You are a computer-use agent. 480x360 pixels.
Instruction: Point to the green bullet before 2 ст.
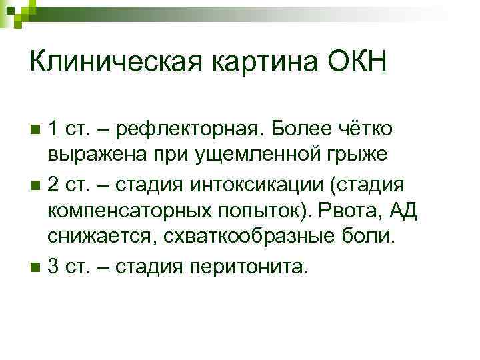click(x=35, y=183)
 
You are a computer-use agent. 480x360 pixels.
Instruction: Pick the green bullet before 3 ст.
click(x=35, y=268)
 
